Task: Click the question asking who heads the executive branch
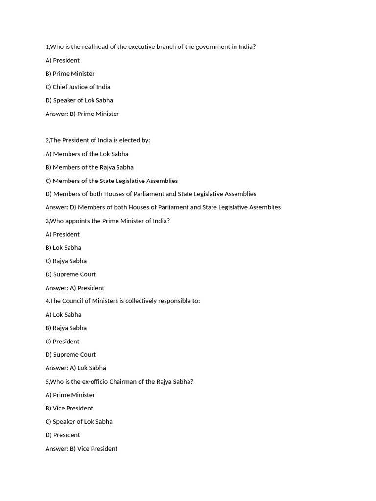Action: coord(150,47)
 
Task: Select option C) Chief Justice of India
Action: coord(78,87)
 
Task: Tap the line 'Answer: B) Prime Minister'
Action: coord(82,114)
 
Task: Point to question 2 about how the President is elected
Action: coord(97,140)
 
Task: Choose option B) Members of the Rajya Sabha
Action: coord(89,167)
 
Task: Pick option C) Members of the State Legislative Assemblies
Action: coord(112,181)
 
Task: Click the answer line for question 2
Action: coord(163,207)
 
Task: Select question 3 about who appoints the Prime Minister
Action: coord(107,221)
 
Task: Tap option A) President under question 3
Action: coord(63,234)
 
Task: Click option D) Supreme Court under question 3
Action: coord(70,274)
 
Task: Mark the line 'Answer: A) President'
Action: coord(75,288)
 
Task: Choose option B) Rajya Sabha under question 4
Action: coord(66,328)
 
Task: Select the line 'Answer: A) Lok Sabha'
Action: coord(75,368)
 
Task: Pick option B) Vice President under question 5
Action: coord(69,409)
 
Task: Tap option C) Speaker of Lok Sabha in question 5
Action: coord(79,422)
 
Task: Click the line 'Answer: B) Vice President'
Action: coord(81,449)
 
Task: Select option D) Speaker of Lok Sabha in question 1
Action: coord(79,100)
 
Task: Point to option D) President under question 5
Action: coord(63,435)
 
